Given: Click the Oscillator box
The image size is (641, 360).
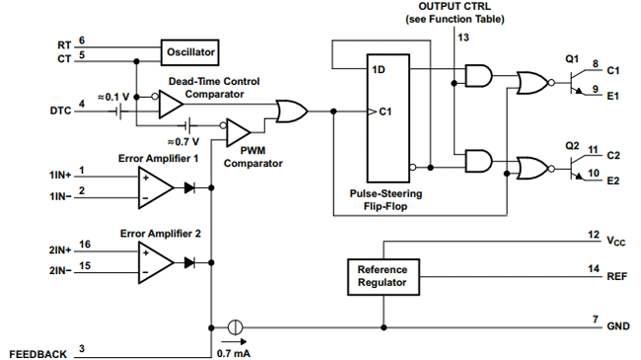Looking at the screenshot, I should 189,49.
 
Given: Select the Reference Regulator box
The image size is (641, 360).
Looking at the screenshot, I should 382,276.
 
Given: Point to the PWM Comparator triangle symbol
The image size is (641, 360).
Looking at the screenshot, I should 239,128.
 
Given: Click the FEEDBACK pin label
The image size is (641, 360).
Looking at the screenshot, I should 37,352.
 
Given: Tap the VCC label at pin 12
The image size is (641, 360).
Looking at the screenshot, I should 615,241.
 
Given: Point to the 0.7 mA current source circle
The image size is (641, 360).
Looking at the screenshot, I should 235,326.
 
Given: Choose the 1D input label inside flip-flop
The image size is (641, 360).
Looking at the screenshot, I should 379,70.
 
